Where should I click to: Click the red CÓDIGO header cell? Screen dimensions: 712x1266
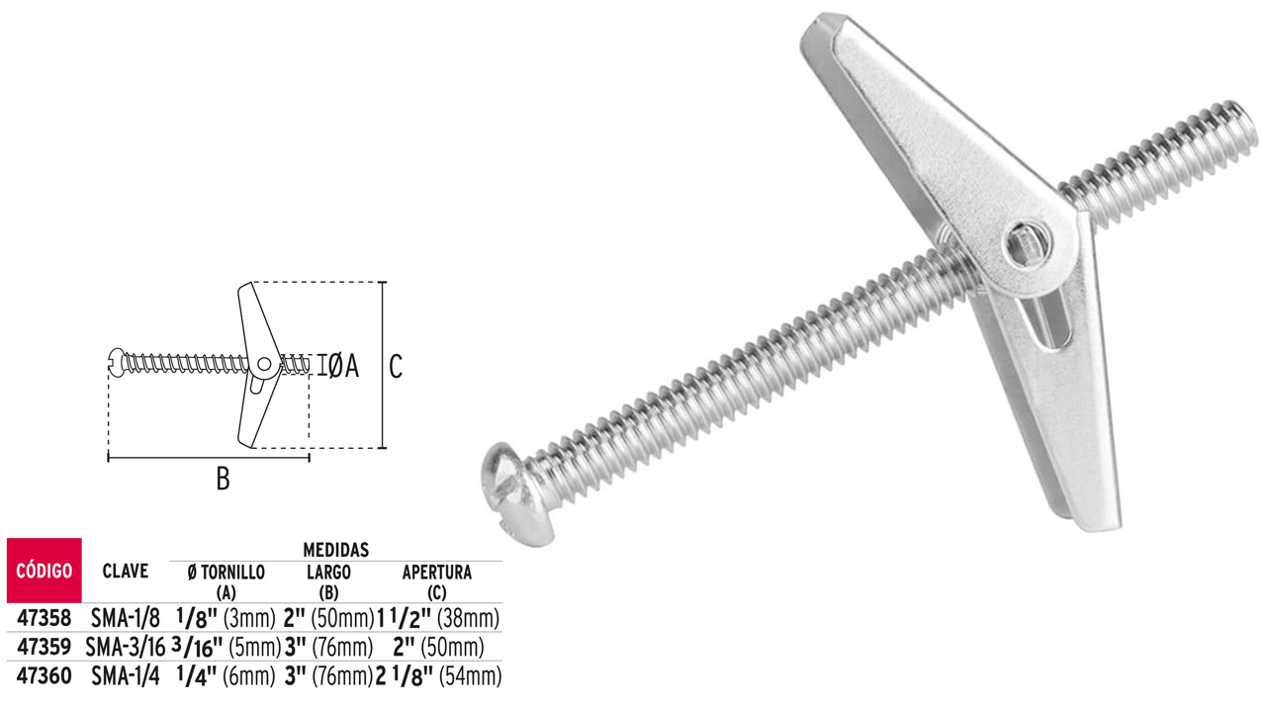tap(44, 571)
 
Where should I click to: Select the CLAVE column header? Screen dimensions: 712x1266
tap(126, 571)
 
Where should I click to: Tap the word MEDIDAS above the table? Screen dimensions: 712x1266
tap(336, 549)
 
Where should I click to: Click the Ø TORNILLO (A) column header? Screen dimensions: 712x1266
tap(225, 581)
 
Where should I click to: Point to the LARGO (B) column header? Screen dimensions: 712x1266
tap(327, 581)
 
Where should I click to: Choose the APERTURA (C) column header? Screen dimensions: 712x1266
tap(436, 581)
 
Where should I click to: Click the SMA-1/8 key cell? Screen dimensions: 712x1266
tap(125, 618)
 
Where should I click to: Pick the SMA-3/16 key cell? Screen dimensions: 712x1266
tap(125, 648)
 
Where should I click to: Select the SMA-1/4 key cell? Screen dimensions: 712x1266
tap(125, 676)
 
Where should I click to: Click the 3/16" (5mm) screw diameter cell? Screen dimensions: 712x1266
tap(226, 648)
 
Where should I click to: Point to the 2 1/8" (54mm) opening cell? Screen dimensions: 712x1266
tap(439, 676)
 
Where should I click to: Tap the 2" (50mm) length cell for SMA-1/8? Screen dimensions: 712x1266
tap(327, 618)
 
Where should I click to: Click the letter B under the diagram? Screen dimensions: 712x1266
tap(223, 480)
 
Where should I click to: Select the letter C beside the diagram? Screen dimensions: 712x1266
tap(396, 367)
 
